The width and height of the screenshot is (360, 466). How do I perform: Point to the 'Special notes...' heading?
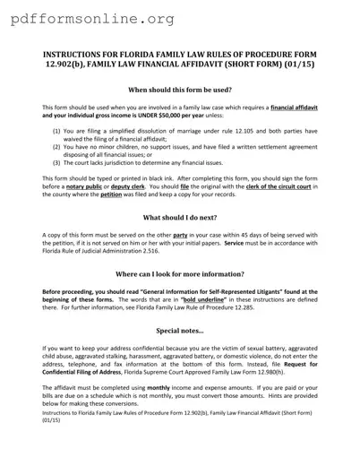pos(180,331)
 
